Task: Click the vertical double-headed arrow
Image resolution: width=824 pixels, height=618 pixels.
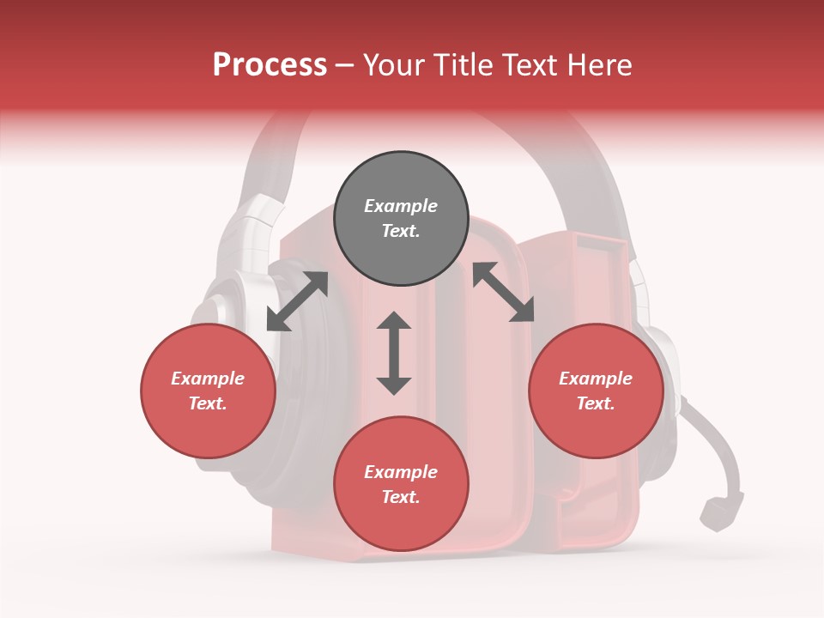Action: [394, 353]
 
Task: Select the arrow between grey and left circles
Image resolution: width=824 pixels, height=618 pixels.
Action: [297, 301]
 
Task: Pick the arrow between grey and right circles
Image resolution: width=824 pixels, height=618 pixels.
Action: [503, 292]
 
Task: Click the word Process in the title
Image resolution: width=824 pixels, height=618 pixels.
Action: [270, 65]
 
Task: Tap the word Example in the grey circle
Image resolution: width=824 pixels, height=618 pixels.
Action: [401, 206]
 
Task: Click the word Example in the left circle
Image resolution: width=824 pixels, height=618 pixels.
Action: [208, 379]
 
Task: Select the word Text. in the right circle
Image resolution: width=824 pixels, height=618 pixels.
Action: [596, 403]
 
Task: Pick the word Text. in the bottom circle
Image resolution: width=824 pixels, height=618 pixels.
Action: [401, 497]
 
